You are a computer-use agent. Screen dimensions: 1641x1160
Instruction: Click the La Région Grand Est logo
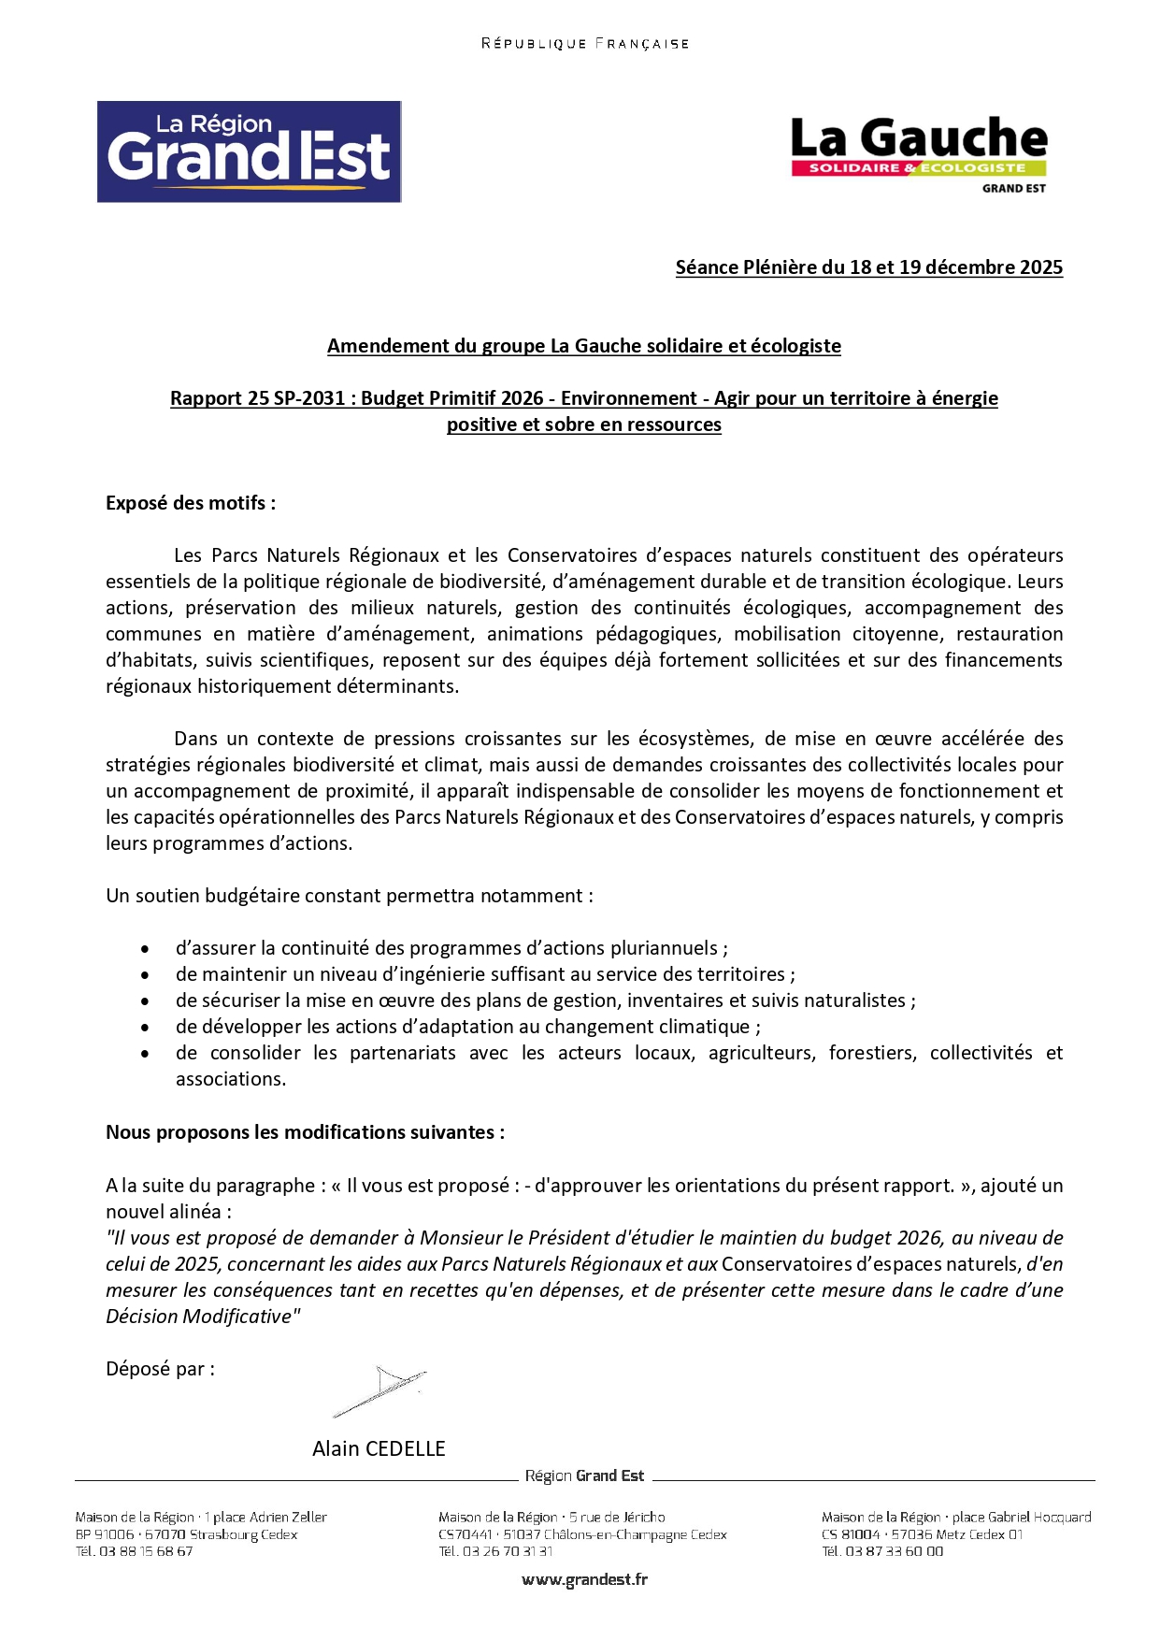coord(249,151)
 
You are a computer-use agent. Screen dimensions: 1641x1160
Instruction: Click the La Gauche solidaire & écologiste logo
coord(919,152)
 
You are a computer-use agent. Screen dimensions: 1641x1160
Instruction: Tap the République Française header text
coord(585,44)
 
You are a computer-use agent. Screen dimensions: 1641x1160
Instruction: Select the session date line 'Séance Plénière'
coord(868,267)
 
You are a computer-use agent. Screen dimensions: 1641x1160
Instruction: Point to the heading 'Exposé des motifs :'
coord(191,503)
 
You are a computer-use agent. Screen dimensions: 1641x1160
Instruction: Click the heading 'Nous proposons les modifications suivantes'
coord(305,1132)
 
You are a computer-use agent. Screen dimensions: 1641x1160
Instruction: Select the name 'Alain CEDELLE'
coord(379,1448)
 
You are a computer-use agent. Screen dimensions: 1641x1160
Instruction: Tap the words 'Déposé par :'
coord(160,1369)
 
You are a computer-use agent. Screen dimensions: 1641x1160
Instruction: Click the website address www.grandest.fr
coord(584,1579)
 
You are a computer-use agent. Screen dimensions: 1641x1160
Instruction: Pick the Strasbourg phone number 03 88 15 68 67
coord(146,1551)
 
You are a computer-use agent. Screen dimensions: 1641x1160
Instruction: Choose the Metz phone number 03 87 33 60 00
coord(894,1551)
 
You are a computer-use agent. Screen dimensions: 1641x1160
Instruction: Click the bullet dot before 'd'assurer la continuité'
coord(145,949)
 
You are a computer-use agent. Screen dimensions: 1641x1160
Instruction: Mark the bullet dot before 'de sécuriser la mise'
coord(145,1001)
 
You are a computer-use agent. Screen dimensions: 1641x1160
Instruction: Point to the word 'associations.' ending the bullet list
coord(231,1079)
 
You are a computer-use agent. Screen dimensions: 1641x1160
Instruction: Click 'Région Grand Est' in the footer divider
coord(584,1475)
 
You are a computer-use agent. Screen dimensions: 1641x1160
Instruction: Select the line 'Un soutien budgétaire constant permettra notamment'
coord(349,896)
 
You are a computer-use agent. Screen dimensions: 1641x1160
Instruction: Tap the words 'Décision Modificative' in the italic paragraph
coord(199,1317)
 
